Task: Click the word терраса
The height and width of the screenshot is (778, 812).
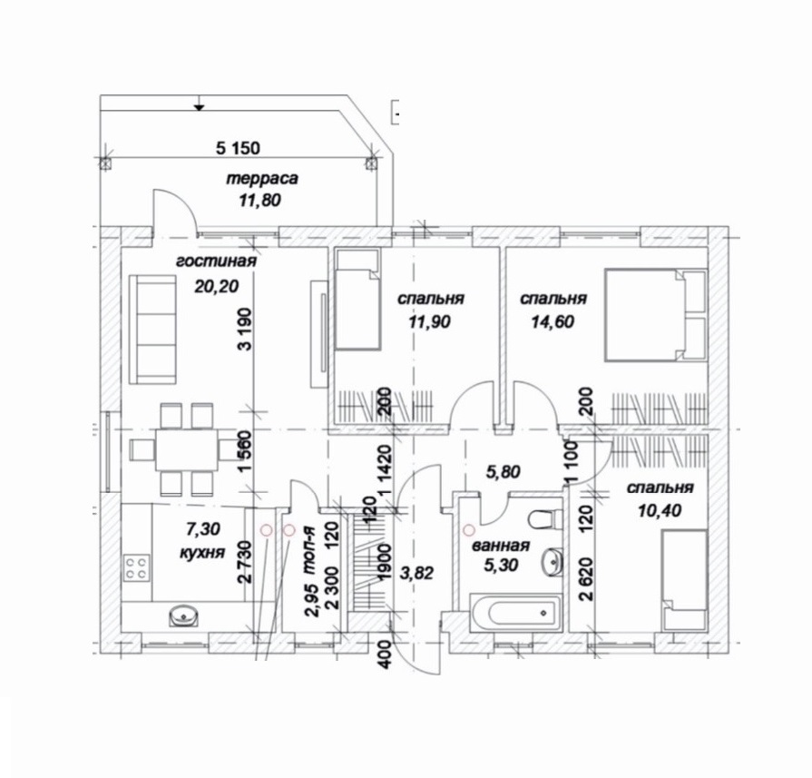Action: (x=262, y=179)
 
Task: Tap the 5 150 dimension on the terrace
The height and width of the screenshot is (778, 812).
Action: (x=238, y=148)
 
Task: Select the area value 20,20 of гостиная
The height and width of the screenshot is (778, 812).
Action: (x=217, y=286)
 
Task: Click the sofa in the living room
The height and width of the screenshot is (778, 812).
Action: (x=152, y=330)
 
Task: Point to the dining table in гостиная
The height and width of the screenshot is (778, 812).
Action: (x=186, y=449)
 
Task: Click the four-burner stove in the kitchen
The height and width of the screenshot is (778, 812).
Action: (x=137, y=567)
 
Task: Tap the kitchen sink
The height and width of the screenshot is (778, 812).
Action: (x=184, y=616)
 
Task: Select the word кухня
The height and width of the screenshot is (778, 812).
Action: (x=202, y=553)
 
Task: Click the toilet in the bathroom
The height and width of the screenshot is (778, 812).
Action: (x=546, y=518)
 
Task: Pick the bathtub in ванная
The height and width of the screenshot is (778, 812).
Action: (x=514, y=613)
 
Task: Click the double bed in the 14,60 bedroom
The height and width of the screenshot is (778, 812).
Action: (x=656, y=315)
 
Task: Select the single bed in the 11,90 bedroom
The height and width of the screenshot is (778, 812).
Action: (x=357, y=299)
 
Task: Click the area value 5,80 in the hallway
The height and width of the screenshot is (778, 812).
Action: (x=503, y=472)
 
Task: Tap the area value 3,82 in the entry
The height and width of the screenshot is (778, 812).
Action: (x=416, y=573)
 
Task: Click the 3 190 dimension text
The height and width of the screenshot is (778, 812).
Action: (x=245, y=330)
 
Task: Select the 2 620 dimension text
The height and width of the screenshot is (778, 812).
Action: (x=586, y=579)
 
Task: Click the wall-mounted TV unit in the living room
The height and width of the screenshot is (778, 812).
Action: (x=319, y=334)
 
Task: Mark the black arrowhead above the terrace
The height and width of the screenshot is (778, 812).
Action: (x=199, y=107)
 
